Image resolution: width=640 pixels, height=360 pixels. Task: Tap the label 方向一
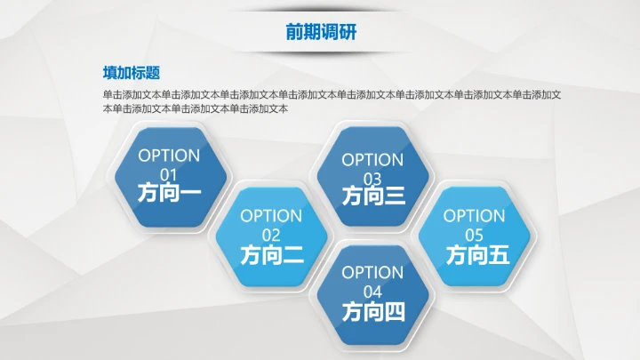tap(170, 193)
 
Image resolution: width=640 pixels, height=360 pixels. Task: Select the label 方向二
tap(271, 255)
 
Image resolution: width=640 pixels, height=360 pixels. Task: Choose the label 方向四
tap(373, 312)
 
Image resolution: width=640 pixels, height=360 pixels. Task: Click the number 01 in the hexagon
tap(169, 174)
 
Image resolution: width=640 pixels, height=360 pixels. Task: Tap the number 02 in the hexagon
tap(271, 235)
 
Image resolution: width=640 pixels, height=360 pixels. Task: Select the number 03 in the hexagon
tap(372, 179)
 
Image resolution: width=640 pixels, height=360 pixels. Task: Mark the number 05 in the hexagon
tap(474, 235)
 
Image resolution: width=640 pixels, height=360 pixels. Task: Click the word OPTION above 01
tap(169, 156)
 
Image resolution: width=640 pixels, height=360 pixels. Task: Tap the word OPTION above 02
tap(271, 216)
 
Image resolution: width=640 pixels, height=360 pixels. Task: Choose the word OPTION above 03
tap(372, 160)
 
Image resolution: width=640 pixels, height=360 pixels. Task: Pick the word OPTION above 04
tap(372, 273)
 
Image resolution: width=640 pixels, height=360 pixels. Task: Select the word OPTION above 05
tap(474, 215)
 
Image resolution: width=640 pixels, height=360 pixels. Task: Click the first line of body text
tap(336, 94)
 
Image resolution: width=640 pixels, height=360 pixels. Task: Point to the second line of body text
tap(196, 108)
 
